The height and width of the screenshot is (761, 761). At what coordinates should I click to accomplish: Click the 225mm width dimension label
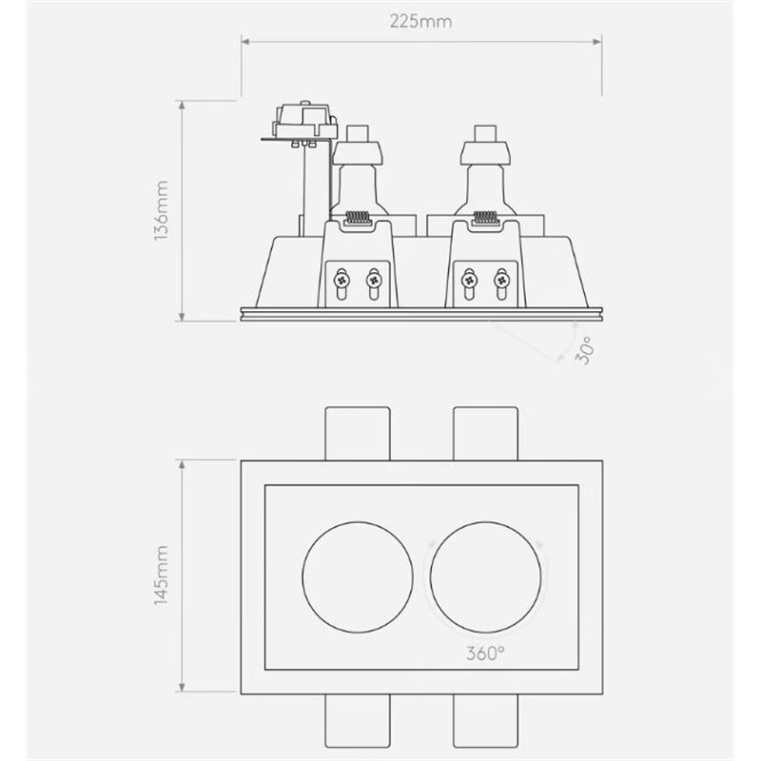pyautogui.click(x=420, y=21)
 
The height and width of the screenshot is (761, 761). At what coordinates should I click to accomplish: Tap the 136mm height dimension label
pyautogui.click(x=161, y=210)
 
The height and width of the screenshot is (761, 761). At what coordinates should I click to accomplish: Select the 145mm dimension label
pyautogui.click(x=161, y=576)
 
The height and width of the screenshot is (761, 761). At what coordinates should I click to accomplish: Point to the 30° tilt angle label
pyautogui.click(x=584, y=350)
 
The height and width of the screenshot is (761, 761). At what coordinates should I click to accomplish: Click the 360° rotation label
pyautogui.click(x=485, y=654)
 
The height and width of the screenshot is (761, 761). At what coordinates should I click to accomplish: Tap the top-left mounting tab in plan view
pyautogui.click(x=358, y=434)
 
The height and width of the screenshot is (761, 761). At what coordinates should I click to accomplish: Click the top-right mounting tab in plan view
pyautogui.click(x=486, y=434)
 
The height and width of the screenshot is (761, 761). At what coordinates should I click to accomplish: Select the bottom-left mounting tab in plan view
pyautogui.click(x=358, y=721)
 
